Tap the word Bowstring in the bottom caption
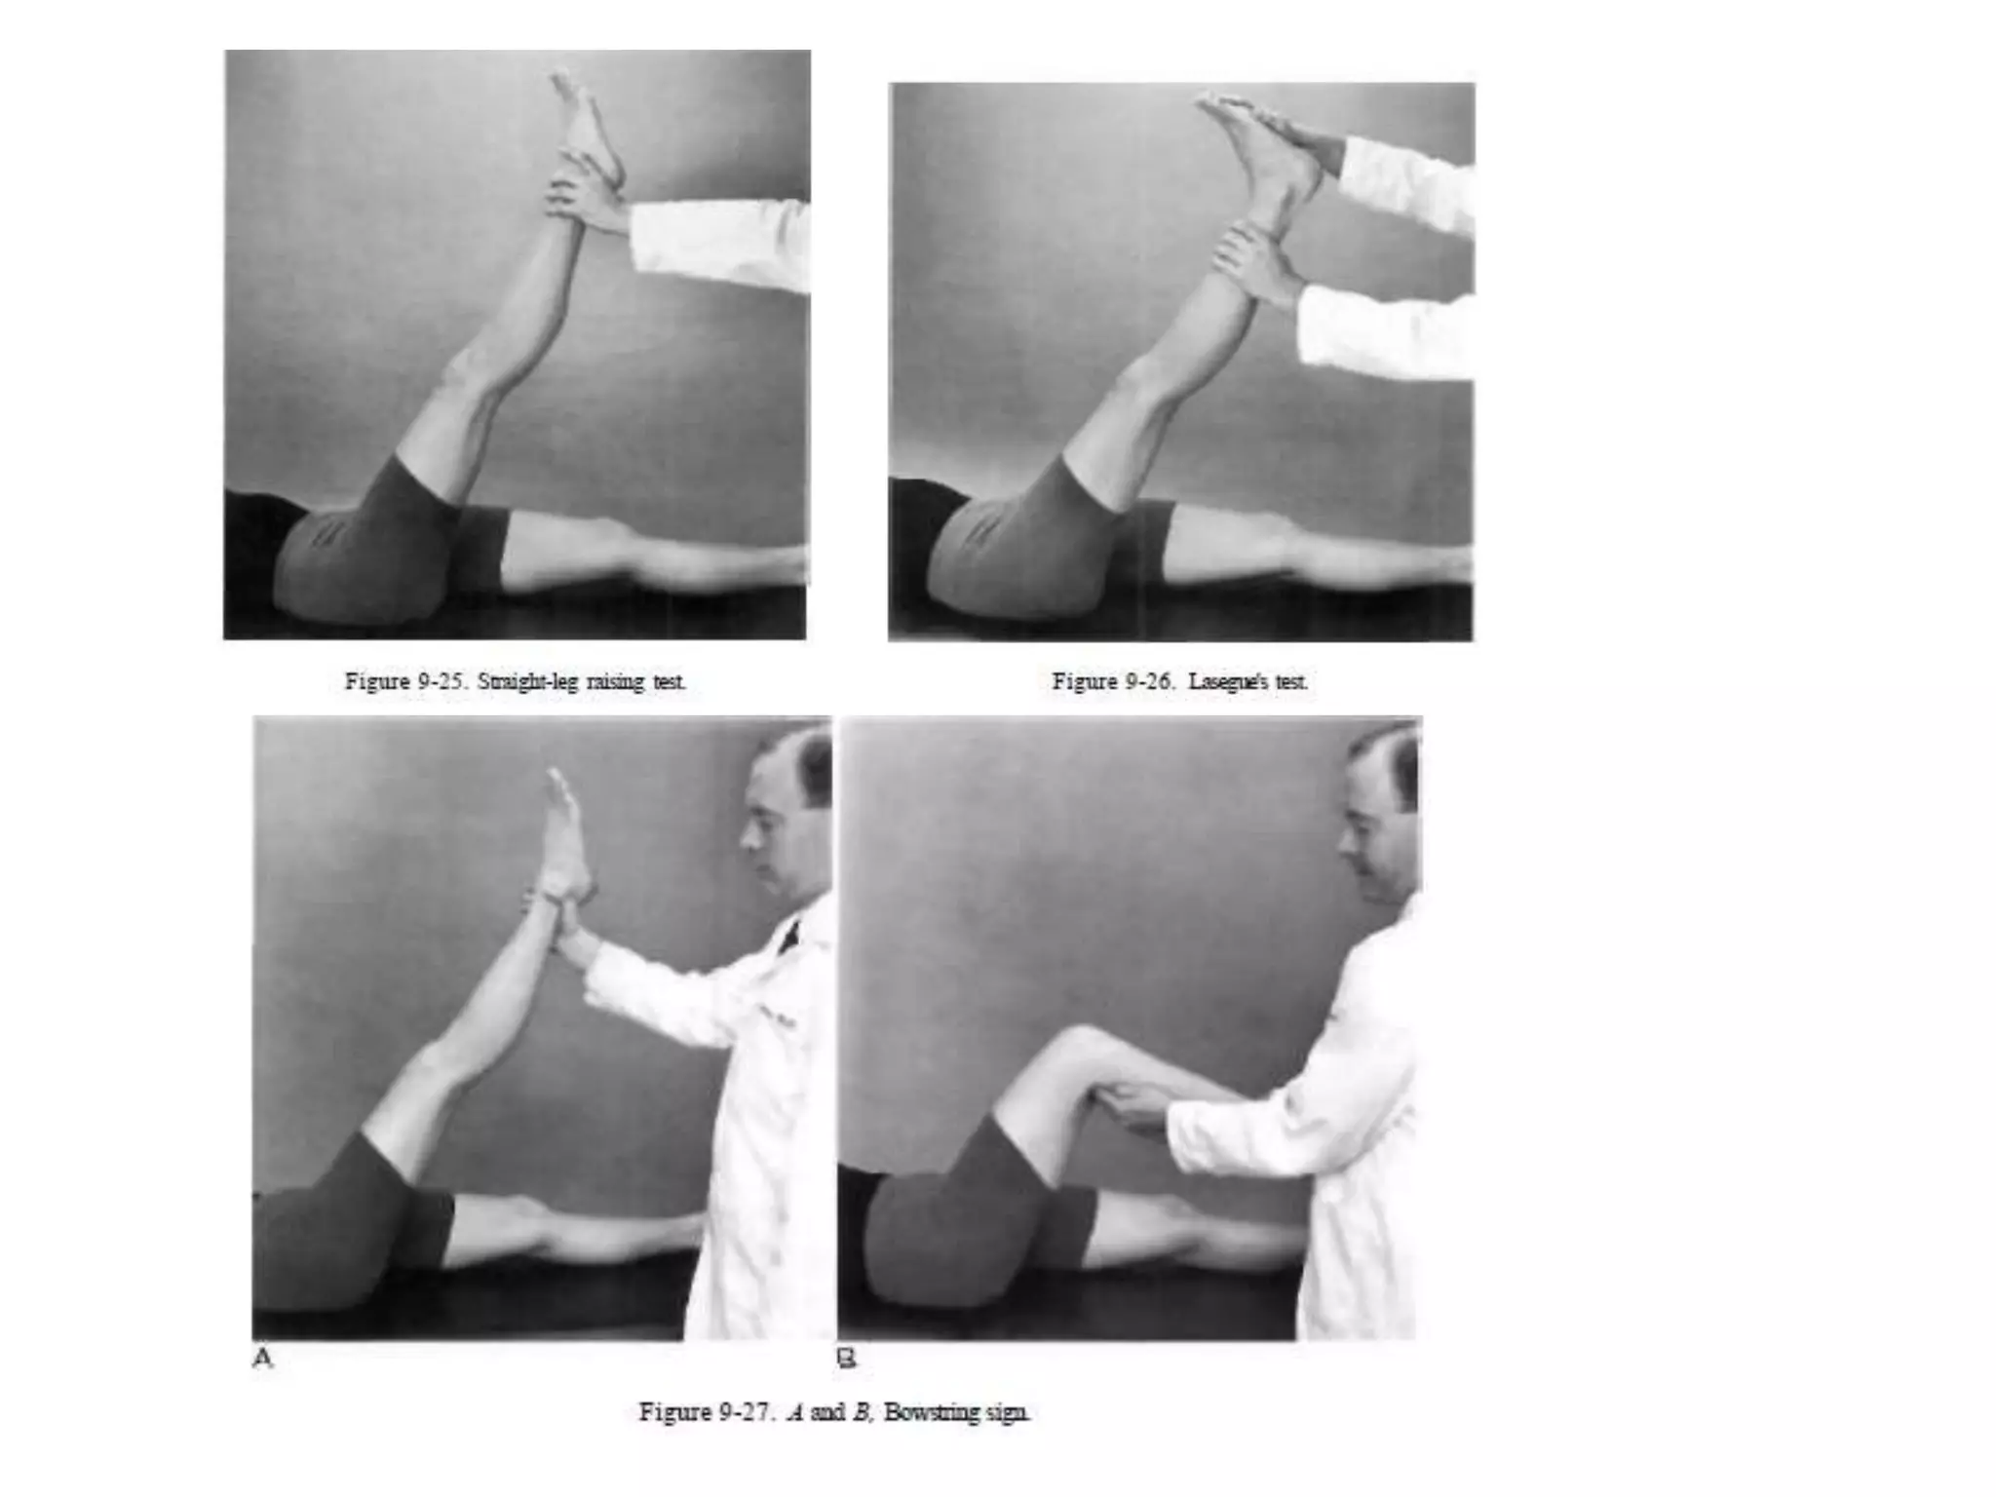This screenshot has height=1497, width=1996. [x=930, y=1412]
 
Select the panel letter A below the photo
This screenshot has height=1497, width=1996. [x=262, y=1358]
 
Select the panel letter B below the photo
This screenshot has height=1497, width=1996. [x=846, y=1358]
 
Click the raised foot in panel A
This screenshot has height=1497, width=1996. [x=565, y=828]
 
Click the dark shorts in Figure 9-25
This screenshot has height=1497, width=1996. [x=370, y=546]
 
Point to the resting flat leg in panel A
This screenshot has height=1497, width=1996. [x=575, y=1233]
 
